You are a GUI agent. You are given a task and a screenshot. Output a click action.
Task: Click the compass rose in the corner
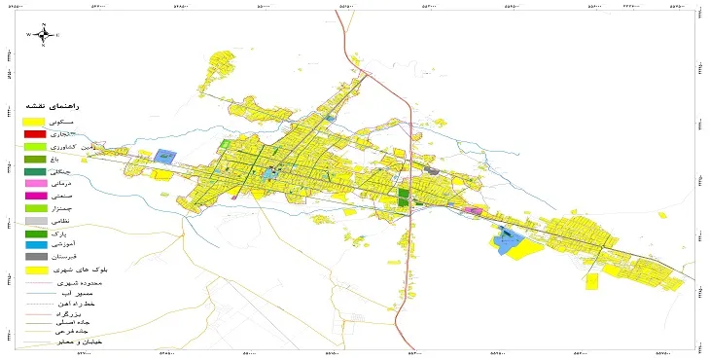[x=44, y=34]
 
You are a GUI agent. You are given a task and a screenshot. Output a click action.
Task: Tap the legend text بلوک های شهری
[x=72, y=270]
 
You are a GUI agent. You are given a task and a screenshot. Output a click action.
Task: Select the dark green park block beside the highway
[x=404, y=198]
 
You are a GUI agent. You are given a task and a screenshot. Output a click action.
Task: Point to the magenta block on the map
[x=475, y=210]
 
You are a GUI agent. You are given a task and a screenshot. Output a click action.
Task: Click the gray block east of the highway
[x=433, y=171]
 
